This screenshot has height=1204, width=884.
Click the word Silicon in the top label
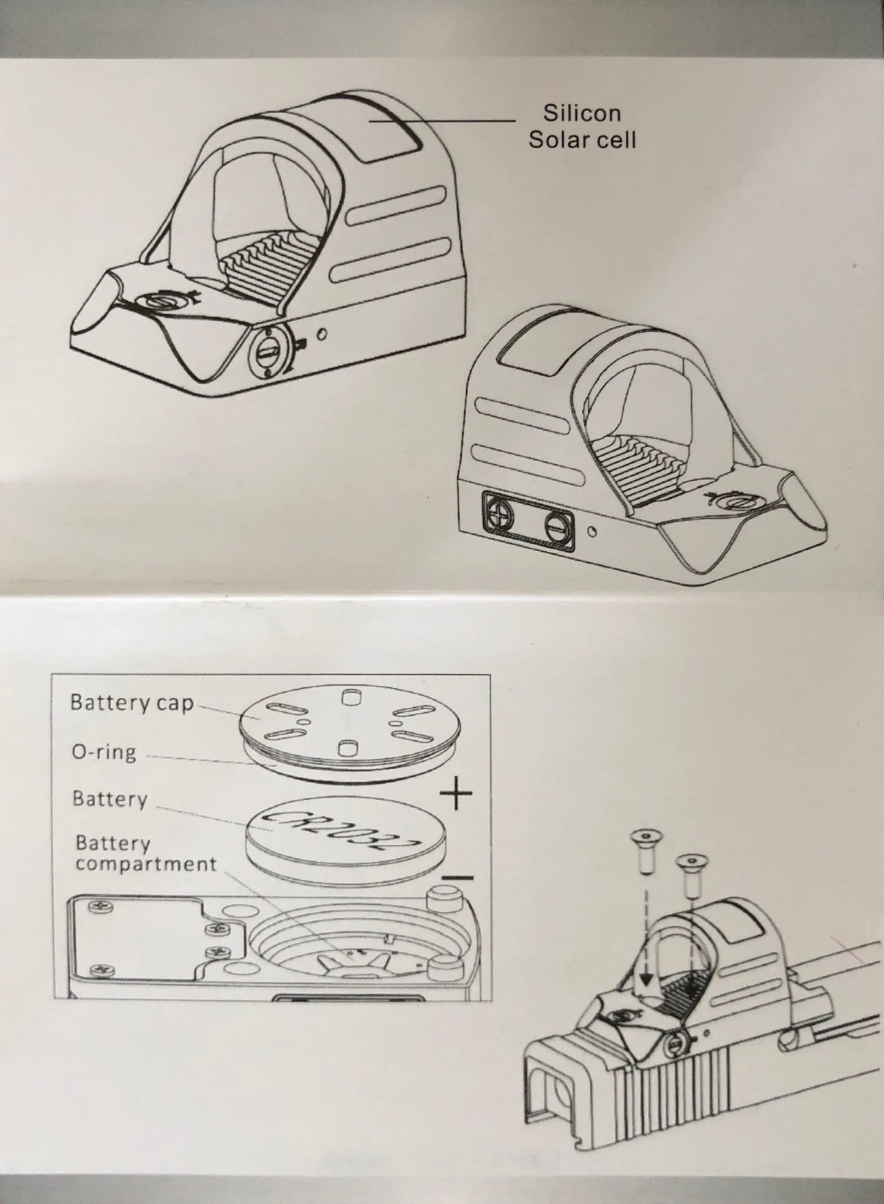pos(582,113)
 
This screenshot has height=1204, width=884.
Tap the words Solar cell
pos(582,140)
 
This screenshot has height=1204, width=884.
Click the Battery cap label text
pos(132,702)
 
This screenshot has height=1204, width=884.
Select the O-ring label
pos(104,751)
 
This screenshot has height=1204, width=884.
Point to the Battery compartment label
pos(146,853)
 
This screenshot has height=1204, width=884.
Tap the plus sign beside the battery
pos(456,793)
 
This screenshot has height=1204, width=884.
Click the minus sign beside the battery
pos(457,878)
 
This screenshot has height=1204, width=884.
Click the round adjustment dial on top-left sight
pos(269,354)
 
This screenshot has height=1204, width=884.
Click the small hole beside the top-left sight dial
pos(323,334)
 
